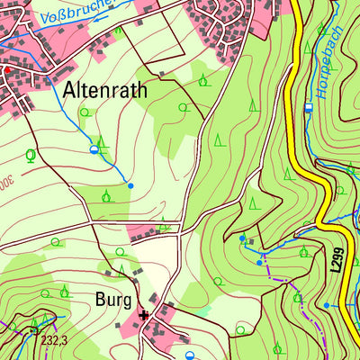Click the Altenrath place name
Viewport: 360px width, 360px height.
click(104, 90)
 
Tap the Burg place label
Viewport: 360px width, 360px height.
click(115, 299)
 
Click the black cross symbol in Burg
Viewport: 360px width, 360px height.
click(143, 315)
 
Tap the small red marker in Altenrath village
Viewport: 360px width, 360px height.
click(3, 67)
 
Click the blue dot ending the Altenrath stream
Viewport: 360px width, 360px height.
click(130, 185)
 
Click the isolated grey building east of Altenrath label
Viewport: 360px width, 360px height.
click(161, 73)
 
